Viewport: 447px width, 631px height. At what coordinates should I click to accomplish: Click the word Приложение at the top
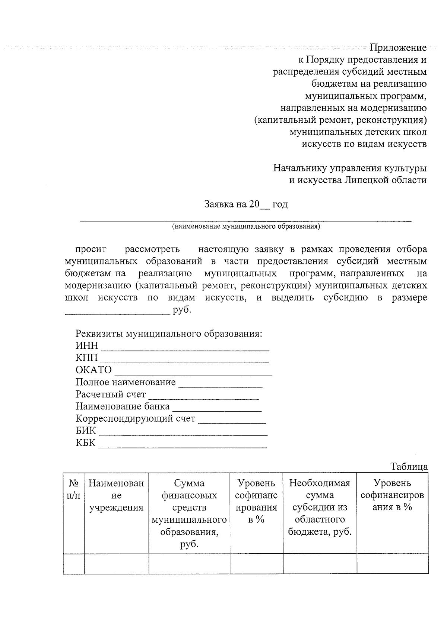[x=398, y=48]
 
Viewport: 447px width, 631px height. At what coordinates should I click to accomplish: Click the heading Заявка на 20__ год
[x=245, y=204]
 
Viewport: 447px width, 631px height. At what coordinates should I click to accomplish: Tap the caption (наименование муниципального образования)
[x=245, y=226]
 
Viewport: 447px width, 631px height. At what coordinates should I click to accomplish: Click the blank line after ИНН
[x=185, y=349]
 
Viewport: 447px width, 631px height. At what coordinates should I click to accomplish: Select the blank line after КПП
[x=185, y=361]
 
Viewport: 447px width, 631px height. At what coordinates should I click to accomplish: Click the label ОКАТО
[x=93, y=370]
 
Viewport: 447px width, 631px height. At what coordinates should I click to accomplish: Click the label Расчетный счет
[x=110, y=394]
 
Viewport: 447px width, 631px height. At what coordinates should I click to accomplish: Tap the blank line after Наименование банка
[x=217, y=409]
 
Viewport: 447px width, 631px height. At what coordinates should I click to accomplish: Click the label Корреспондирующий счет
[x=135, y=418]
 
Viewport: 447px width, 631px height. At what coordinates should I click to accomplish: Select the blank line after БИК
[x=183, y=434]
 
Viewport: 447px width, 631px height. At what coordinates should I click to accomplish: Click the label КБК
[x=85, y=443]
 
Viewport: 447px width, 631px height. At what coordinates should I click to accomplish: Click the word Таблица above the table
[x=409, y=467]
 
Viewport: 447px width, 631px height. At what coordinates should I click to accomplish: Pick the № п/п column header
[x=73, y=489]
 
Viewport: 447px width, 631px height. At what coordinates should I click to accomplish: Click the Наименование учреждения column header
[x=116, y=495]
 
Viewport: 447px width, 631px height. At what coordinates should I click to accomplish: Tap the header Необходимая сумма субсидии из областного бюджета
[x=320, y=507]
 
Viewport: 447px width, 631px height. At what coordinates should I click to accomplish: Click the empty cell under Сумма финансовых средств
[x=189, y=564]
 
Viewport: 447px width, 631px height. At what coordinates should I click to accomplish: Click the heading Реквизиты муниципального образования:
[x=169, y=334]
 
